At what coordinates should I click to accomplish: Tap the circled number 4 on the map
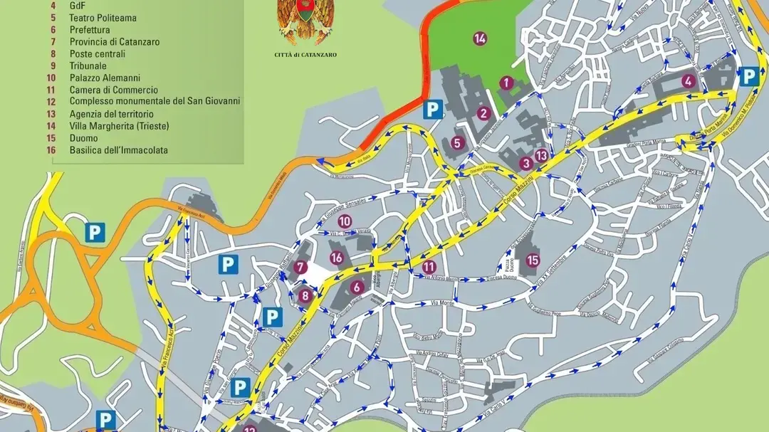(x=688, y=80)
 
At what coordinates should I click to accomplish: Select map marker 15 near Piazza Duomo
(x=533, y=260)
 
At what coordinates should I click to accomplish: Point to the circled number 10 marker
(x=345, y=221)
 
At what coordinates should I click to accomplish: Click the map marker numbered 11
(x=429, y=267)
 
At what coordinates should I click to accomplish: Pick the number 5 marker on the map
(x=457, y=142)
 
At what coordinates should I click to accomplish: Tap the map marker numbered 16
(x=337, y=258)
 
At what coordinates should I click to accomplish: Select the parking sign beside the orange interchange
(x=94, y=232)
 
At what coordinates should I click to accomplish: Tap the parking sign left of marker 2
(x=432, y=109)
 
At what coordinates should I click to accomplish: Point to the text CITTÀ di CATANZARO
(x=305, y=55)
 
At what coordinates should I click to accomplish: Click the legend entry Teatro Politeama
(x=103, y=18)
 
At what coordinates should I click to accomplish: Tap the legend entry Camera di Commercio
(x=114, y=90)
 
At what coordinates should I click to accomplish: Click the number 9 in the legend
(x=52, y=66)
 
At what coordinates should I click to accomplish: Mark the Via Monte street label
(x=443, y=303)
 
